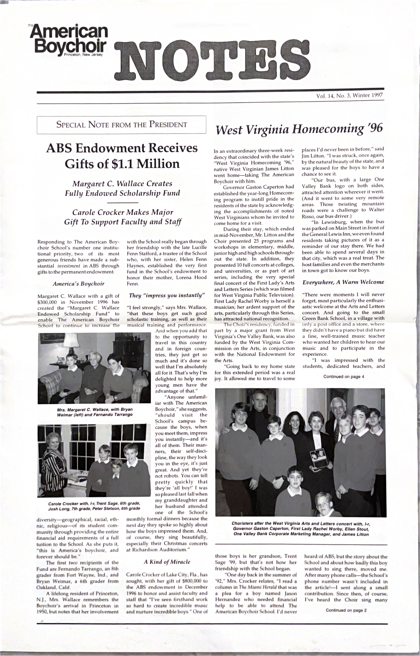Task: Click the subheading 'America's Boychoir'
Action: pyautogui.click(x=78, y=284)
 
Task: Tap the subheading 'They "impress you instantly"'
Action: pyautogui.click(x=167, y=295)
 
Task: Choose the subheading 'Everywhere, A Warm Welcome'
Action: pyautogui.click(x=343, y=282)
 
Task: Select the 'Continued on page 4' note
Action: pyautogui.click(x=344, y=377)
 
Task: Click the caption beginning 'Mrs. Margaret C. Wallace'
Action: pyautogui.click(x=95, y=412)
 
